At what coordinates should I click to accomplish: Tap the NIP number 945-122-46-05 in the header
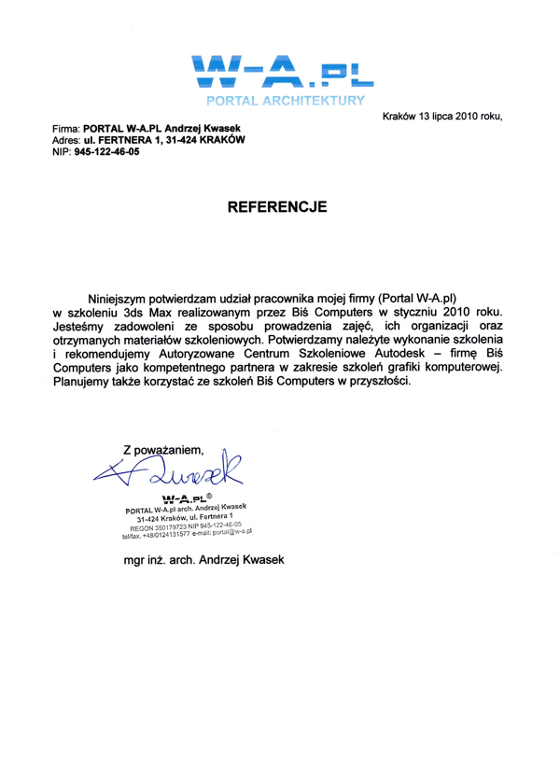[x=113, y=151]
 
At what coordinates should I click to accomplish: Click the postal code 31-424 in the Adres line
[x=182, y=138]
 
